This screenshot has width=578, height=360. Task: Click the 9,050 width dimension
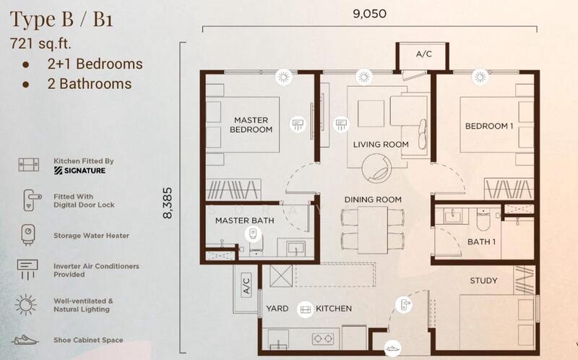click(370, 14)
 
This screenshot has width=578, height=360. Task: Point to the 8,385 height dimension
click(168, 203)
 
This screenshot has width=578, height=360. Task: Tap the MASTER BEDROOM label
click(251, 124)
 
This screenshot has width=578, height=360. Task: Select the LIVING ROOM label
click(381, 145)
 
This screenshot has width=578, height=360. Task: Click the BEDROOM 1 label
click(489, 127)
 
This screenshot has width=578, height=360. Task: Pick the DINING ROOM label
click(373, 200)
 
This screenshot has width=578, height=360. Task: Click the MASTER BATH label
click(245, 220)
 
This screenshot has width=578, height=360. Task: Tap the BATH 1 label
click(481, 242)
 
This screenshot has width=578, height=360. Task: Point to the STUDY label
click(483, 280)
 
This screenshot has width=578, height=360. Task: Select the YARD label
click(277, 309)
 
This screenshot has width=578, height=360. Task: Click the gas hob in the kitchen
click(323, 338)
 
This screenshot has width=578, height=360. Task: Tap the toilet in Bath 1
click(483, 219)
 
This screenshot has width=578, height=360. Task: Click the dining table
click(373, 230)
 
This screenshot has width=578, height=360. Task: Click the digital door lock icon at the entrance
click(404, 304)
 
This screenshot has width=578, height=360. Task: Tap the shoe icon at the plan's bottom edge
click(392, 348)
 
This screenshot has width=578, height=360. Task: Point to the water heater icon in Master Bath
click(254, 233)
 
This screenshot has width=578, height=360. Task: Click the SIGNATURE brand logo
click(79, 171)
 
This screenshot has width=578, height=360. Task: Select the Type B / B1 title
click(61, 20)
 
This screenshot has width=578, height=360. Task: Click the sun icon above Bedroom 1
click(480, 77)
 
